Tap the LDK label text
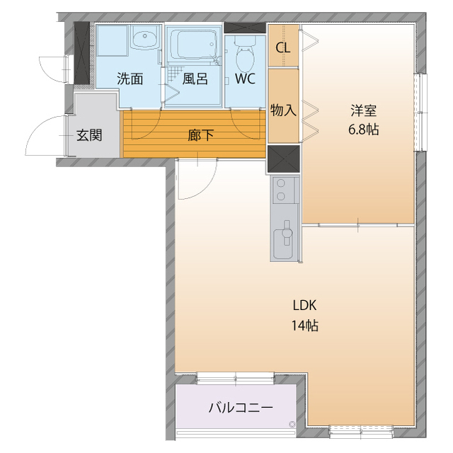click(304, 306)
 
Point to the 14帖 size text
click(304, 326)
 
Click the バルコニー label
click(241, 408)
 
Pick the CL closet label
click(283, 48)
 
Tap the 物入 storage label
click(283, 110)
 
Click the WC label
click(245, 79)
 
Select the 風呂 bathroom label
click(195, 79)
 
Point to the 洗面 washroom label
click(130, 79)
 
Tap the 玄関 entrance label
click(90, 135)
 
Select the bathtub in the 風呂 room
click(193, 46)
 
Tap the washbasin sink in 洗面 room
click(146, 40)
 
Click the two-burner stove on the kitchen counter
click(283, 190)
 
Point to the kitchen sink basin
click(285, 235)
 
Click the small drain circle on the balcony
click(291, 425)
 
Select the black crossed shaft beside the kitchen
click(283, 159)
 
